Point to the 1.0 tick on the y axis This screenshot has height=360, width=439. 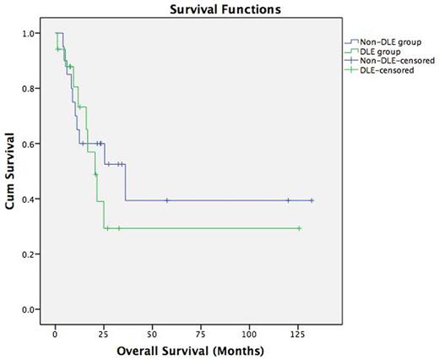[31, 34]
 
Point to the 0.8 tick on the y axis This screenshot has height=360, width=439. [31, 89]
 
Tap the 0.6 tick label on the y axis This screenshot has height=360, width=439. [31, 144]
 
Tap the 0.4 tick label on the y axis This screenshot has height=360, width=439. [31, 199]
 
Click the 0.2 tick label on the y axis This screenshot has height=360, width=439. [31, 254]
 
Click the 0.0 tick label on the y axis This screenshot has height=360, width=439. [31, 310]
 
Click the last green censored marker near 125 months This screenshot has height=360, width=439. [299, 228]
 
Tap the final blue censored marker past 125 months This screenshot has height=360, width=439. [312, 200]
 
